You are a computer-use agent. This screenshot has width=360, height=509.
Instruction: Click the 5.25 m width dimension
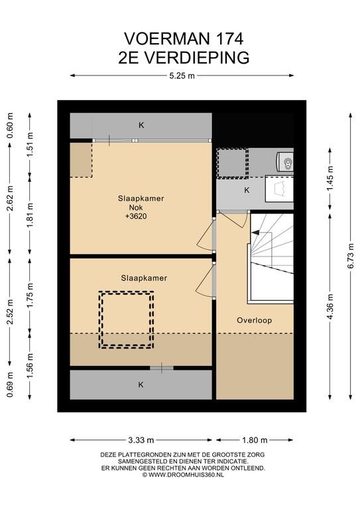pyautogui.click(x=182, y=76)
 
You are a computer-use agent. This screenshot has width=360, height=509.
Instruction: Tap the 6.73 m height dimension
pyautogui.click(x=350, y=256)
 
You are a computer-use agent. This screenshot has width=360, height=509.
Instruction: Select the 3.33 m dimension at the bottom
pyautogui.click(x=141, y=440)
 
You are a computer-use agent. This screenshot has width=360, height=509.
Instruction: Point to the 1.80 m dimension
pyautogui.click(x=255, y=440)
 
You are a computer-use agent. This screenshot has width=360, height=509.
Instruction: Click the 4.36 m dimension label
pyautogui.click(x=330, y=307)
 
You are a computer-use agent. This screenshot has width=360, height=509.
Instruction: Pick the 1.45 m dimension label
pyautogui.click(x=330, y=178)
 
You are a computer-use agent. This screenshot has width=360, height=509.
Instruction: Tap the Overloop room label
pyautogui.click(x=254, y=320)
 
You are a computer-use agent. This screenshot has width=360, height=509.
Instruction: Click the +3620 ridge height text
pyautogui.click(x=136, y=216)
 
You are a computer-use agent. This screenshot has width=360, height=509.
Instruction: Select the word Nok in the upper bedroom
pyautogui.click(x=136, y=207)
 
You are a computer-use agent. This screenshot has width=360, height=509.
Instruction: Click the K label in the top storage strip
pyautogui.click(x=141, y=125)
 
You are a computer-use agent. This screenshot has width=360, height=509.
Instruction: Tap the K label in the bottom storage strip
pyautogui.click(x=141, y=384)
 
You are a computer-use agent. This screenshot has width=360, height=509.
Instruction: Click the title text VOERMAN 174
pyautogui.click(x=184, y=38)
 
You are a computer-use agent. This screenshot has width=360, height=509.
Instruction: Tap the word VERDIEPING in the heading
pyautogui.click(x=196, y=58)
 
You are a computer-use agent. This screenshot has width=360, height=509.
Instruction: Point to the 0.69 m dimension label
pyautogui.click(x=10, y=384)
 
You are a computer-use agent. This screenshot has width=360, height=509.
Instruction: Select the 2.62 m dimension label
pyautogui.click(x=10, y=198)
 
